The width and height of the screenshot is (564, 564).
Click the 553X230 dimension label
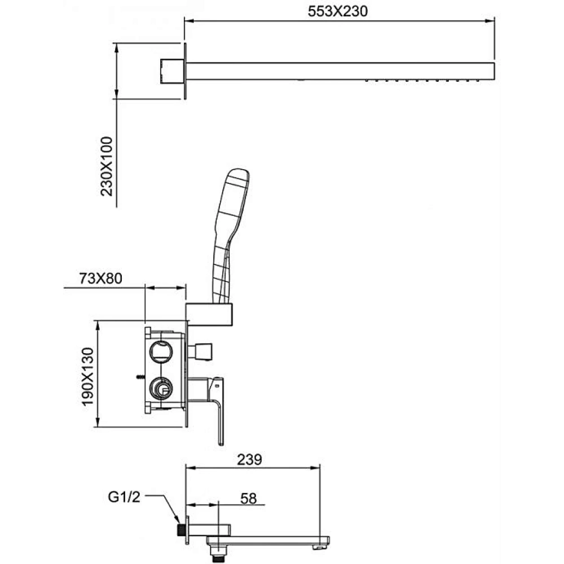tap(338, 11)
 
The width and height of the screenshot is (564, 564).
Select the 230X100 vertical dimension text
tap(107, 166)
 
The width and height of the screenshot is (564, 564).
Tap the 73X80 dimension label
tap(101, 279)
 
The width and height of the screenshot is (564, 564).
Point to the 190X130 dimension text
tap(88, 376)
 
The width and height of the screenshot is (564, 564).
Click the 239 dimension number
tap(250, 459)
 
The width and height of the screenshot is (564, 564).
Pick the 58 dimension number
tap(249, 499)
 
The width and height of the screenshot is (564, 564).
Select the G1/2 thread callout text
tap(124, 497)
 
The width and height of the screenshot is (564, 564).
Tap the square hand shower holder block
tap(209, 314)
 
